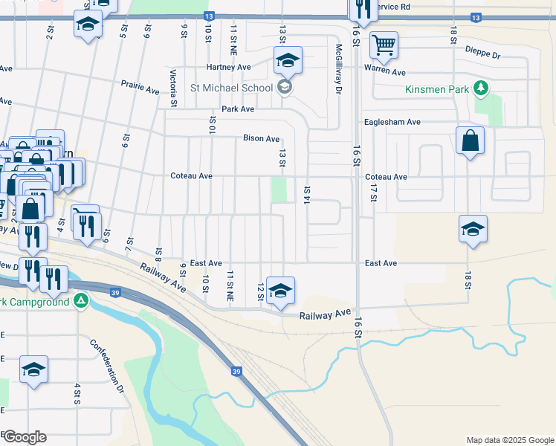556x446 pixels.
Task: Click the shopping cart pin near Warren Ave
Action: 384,45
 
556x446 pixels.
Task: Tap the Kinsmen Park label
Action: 437,89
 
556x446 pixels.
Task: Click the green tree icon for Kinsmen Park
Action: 481,89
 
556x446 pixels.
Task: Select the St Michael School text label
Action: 231,88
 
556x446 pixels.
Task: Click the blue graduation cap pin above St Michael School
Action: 288,60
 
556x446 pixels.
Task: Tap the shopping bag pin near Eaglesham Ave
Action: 470,140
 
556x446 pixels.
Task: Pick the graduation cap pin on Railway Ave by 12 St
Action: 280,291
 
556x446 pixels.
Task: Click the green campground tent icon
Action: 81,302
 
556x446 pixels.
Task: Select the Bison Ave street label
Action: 261,138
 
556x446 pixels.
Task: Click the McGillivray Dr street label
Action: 338,68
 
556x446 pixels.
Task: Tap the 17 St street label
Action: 373,191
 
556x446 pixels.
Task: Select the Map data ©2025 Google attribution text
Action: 509,440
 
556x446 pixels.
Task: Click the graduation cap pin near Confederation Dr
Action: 33,369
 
